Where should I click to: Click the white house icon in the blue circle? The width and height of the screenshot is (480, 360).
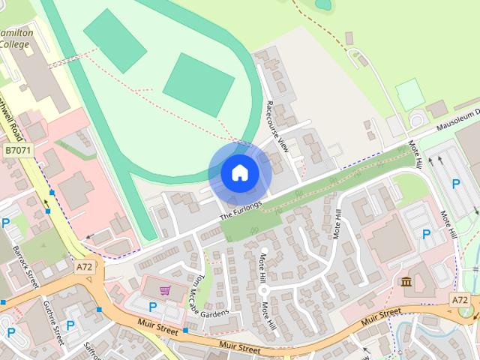[239, 173]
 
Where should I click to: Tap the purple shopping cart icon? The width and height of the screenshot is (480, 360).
[164, 290]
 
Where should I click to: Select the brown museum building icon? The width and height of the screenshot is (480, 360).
[406, 282]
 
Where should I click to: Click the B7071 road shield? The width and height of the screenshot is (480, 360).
[18, 151]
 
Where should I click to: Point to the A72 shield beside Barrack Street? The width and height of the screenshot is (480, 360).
[84, 266]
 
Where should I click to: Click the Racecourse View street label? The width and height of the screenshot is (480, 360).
[277, 126]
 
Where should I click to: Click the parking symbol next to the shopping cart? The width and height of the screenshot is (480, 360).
[154, 307]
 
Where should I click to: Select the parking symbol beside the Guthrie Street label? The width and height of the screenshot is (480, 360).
[70, 325]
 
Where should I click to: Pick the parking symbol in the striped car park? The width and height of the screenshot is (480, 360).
[456, 184]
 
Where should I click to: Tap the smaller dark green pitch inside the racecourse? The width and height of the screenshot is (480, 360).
[115, 40]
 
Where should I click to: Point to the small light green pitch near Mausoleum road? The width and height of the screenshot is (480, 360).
[408, 94]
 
